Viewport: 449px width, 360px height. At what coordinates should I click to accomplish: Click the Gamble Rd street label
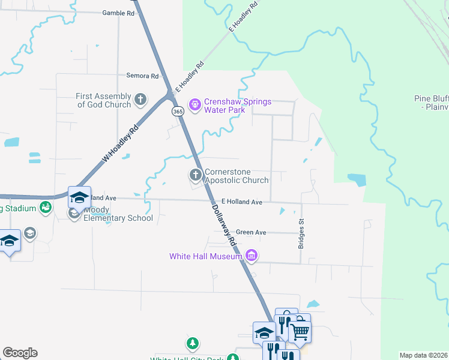[x=116, y=13]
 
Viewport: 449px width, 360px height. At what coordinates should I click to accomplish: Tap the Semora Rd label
[x=142, y=76]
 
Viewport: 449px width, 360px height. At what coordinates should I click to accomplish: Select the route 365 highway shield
[x=178, y=112]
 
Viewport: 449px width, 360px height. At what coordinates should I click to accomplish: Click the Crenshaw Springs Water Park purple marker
[x=194, y=106]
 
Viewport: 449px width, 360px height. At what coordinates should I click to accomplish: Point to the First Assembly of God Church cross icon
[x=140, y=100]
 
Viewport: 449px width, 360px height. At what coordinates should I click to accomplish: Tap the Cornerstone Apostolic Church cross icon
[x=195, y=175]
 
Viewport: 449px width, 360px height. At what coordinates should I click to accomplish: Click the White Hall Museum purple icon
[x=252, y=256]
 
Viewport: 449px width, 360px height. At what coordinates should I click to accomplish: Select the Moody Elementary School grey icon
[x=74, y=214]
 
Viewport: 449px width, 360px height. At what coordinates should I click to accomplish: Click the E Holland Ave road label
[x=242, y=202]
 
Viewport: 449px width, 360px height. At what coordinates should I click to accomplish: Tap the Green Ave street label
[x=251, y=232]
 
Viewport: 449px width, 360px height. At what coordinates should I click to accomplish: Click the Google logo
[x=20, y=353]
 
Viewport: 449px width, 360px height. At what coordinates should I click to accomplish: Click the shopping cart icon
[x=300, y=331]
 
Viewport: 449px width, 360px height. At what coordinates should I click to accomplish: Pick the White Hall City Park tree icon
[x=192, y=344]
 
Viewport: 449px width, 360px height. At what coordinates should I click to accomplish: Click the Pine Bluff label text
[x=431, y=103]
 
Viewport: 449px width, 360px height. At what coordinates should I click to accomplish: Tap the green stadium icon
[x=46, y=208]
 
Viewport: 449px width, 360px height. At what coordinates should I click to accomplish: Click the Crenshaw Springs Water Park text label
[x=238, y=106]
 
